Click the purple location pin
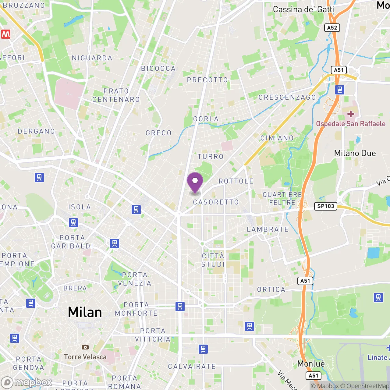tap(195, 182)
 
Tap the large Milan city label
tap(85, 312)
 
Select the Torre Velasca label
tap(85, 357)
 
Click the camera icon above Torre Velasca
tap(85, 347)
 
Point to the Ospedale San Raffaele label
tap(351, 124)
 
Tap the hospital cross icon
tap(351, 114)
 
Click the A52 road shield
tap(332, 28)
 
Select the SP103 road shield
tap(326, 206)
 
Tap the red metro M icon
tap(6, 34)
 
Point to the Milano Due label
tap(355, 153)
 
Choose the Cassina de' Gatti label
tap(303, 9)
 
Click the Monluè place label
tap(311, 364)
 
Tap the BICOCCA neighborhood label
tap(158, 69)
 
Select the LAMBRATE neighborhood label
tap(268, 229)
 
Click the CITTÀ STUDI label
tap(213, 260)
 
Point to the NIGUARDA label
tap(92, 58)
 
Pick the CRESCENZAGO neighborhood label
tap(287, 97)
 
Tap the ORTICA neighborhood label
tap(271, 289)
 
